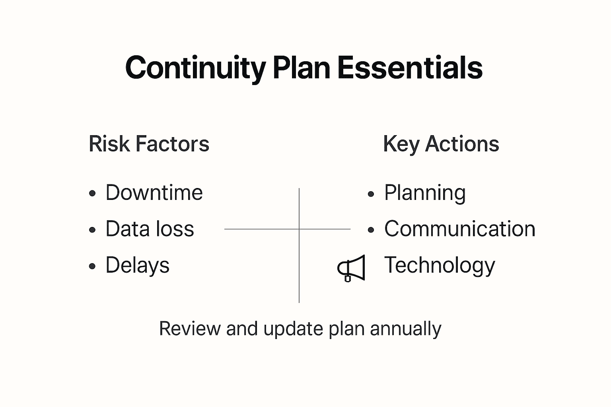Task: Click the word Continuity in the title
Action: (x=195, y=68)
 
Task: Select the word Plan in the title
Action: (x=302, y=68)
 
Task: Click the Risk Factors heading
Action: (x=149, y=144)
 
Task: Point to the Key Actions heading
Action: (x=441, y=144)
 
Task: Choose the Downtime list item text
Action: (x=154, y=193)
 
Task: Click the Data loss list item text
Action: (x=150, y=229)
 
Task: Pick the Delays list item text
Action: (x=137, y=265)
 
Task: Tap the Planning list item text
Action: (x=425, y=193)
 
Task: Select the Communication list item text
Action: (x=459, y=229)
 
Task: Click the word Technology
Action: (x=440, y=266)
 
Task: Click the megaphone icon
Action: (x=351, y=268)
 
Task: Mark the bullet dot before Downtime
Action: (x=93, y=194)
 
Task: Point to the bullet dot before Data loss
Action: (x=93, y=230)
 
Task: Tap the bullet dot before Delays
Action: (x=93, y=266)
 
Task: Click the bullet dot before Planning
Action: (x=371, y=194)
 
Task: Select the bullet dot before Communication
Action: (x=371, y=230)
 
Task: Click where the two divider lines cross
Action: (x=299, y=229)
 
